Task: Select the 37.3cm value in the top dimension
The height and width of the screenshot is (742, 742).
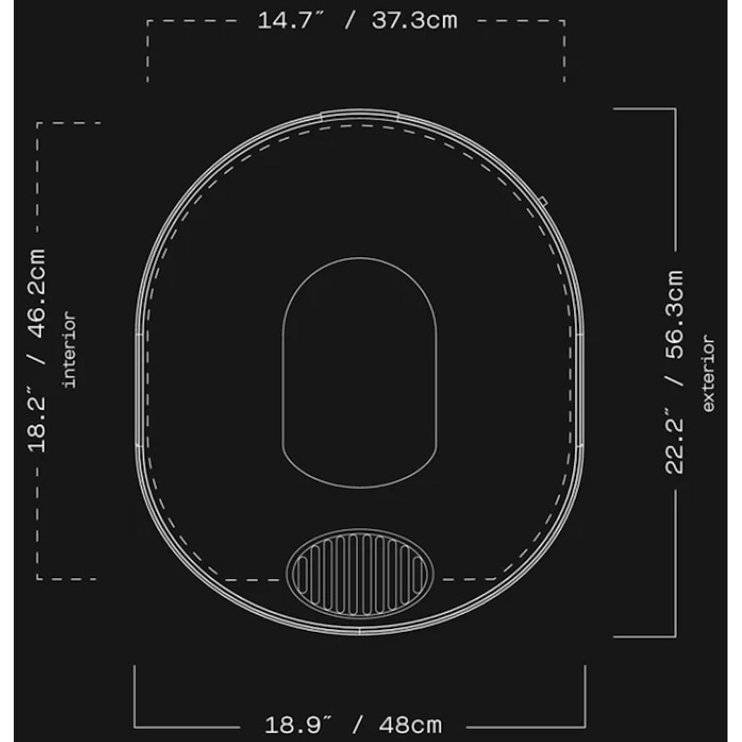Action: [414, 20]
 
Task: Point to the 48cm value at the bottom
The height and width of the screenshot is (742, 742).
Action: [409, 725]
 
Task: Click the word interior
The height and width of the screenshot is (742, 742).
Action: [70, 349]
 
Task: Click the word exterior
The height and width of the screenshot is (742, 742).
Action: [708, 374]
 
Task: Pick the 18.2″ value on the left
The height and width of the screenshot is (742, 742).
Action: [37, 422]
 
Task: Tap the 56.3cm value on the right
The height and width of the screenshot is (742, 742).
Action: [675, 312]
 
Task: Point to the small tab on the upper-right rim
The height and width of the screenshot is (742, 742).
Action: [543, 201]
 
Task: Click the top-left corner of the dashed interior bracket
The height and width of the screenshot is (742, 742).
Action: [38, 123]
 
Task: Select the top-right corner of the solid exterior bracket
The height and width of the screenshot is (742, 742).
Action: [675, 109]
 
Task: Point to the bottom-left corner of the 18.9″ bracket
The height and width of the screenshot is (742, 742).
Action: [135, 726]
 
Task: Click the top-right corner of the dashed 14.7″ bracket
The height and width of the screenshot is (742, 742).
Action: [564, 21]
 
